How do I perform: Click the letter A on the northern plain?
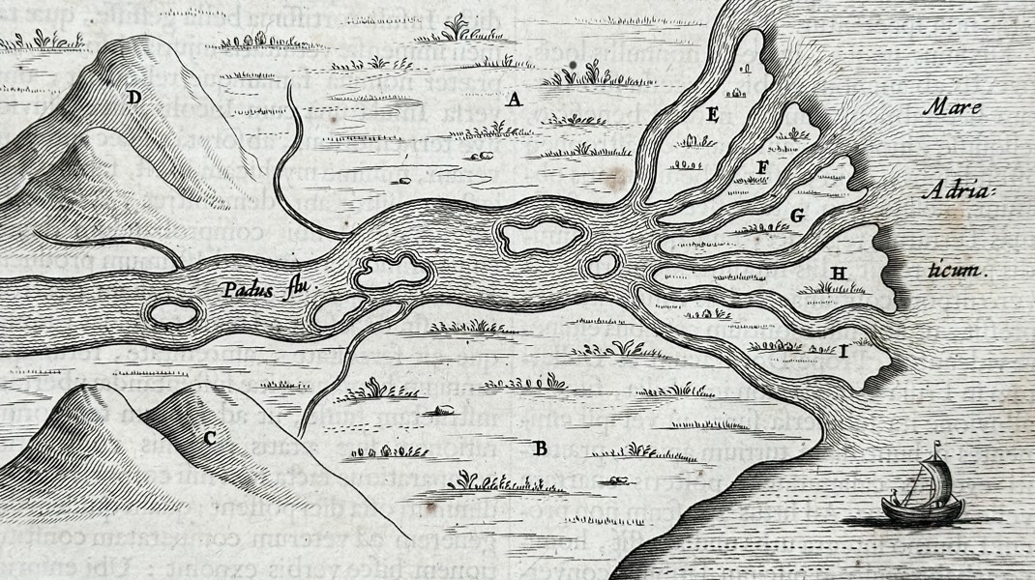[515, 99]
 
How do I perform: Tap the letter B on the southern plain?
[541, 448]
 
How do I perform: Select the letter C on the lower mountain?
[209, 438]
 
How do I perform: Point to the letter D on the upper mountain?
[133, 97]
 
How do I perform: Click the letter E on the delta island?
[713, 116]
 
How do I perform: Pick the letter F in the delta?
[762, 166]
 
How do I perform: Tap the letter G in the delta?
[797, 216]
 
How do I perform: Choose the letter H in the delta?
[838, 275]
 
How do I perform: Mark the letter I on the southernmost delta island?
[843, 352]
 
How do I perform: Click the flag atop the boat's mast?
[936, 446]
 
